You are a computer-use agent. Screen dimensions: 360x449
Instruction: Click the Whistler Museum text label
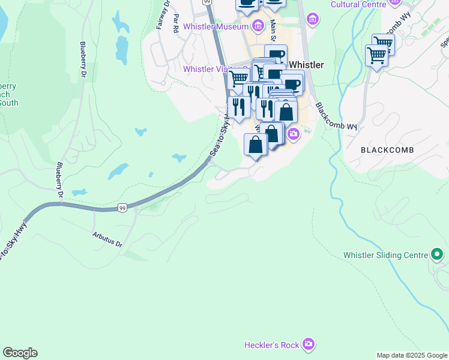pyautogui.click(x=215, y=26)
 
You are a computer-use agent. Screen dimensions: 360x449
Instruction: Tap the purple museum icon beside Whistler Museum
pyautogui.click(x=258, y=26)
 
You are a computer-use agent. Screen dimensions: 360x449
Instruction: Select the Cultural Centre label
pyautogui.click(x=358, y=4)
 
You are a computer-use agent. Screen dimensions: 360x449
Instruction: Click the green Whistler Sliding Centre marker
pyautogui.click(x=437, y=255)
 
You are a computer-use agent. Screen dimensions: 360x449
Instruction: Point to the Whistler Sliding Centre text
pyautogui.click(x=385, y=255)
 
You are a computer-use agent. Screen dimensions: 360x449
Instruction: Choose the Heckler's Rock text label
pyautogui.click(x=271, y=345)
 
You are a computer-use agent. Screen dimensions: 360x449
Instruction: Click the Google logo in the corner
pyautogui.click(x=20, y=353)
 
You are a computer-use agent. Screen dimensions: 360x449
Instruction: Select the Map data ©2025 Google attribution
pyautogui.click(x=412, y=355)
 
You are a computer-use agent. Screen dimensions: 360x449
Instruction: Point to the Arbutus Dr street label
pyautogui.click(x=108, y=240)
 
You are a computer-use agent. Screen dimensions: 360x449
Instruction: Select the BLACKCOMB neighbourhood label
pyautogui.click(x=387, y=149)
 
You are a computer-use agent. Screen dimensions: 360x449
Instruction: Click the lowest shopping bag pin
pyautogui.click(x=256, y=145)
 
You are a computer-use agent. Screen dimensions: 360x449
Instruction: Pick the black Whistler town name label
pyautogui.click(x=306, y=65)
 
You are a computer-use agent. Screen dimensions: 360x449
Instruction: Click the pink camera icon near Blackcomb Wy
pyautogui.click(x=293, y=133)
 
